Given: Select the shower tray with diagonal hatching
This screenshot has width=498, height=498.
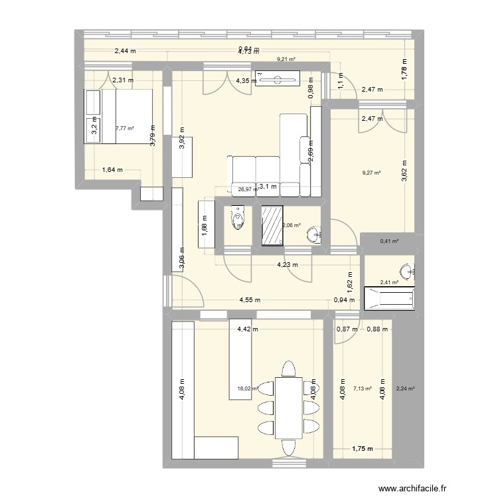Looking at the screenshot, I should pyautogui.click(x=272, y=225).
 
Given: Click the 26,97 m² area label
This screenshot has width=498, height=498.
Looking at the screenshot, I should pyautogui.click(x=247, y=189).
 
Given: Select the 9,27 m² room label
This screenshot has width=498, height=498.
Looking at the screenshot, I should pyautogui.click(x=371, y=173).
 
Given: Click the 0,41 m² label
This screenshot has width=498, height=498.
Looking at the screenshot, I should pyautogui.click(x=388, y=242).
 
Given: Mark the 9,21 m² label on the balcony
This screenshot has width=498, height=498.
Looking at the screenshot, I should pyautogui.click(x=286, y=59).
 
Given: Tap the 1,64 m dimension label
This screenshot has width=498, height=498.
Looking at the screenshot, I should pyautogui.click(x=112, y=170).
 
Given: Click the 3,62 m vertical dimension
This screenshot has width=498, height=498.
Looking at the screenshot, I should pyautogui.click(x=404, y=171).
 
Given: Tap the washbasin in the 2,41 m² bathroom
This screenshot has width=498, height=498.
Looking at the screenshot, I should pyautogui.click(x=406, y=271).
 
